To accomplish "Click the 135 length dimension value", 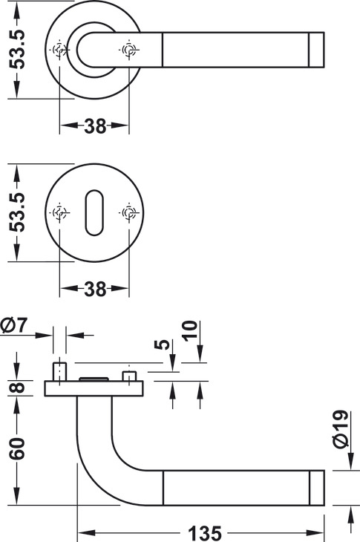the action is click(205, 533).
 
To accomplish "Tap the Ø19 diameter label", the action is click(340, 429).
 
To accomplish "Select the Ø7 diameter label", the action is click(14, 325).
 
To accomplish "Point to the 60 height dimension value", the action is click(17, 448).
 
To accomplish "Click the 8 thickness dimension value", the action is click(17, 387).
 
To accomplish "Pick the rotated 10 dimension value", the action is click(190, 331).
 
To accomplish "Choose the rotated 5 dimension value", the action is click(163, 345).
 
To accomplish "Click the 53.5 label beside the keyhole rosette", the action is click(17, 212).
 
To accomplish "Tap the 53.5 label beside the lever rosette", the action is click(17, 49).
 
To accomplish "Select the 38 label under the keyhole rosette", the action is click(95, 289).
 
